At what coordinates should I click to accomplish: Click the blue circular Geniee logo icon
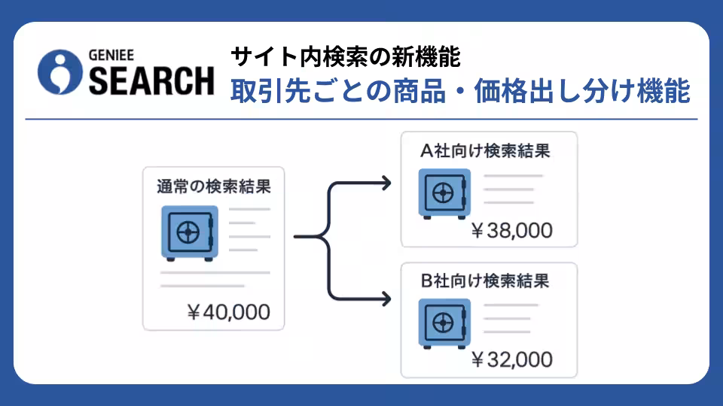(x=60, y=72)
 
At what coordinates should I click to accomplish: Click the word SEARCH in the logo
(x=151, y=81)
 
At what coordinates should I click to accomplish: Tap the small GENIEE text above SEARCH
(x=111, y=55)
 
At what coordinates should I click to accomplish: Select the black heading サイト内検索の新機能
(x=346, y=57)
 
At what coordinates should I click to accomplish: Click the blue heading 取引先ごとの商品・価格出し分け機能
(x=460, y=91)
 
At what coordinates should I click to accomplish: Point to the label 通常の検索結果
(x=213, y=186)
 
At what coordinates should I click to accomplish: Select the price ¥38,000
(x=512, y=230)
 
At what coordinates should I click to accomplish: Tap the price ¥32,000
(x=512, y=359)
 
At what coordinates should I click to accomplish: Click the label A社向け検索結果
(x=485, y=150)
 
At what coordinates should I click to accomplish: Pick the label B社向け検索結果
(x=485, y=280)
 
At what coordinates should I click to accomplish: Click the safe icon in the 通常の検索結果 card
(x=190, y=233)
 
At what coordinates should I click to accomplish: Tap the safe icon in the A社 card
(x=444, y=194)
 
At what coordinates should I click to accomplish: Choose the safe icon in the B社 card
(x=444, y=323)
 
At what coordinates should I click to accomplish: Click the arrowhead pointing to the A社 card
(x=386, y=183)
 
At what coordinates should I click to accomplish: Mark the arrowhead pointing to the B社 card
(x=386, y=299)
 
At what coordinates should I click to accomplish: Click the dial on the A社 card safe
(x=443, y=193)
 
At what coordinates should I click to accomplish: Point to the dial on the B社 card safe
(x=443, y=323)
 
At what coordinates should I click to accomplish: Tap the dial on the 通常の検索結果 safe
(x=188, y=232)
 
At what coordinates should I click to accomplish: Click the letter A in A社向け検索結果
(x=426, y=151)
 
